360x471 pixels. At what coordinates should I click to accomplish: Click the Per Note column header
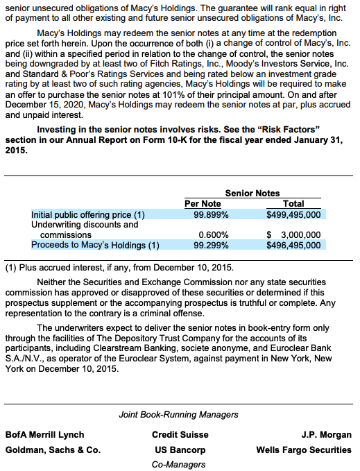pyautogui.click(x=203, y=204)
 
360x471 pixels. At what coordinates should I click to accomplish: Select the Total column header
pyautogui.click(x=293, y=204)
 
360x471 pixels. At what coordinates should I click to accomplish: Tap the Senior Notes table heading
pyautogui.click(x=252, y=194)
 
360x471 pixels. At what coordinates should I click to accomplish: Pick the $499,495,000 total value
pyautogui.click(x=293, y=215)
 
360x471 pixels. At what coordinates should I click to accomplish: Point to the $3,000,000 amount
pyautogui.click(x=293, y=235)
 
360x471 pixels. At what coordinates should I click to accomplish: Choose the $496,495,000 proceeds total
pyautogui.click(x=293, y=245)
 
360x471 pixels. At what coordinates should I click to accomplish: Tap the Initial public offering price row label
pyautogui.click(x=88, y=215)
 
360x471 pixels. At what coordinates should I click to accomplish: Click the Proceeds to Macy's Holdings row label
pyautogui.click(x=95, y=245)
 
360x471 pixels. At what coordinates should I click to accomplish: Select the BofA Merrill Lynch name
pyautogui.click(x=44, y=435)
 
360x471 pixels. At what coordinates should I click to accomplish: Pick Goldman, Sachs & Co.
pyautogui.click(x=53, y=449)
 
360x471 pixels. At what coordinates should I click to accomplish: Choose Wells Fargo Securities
pyautogui.click(x=303, y=449)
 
